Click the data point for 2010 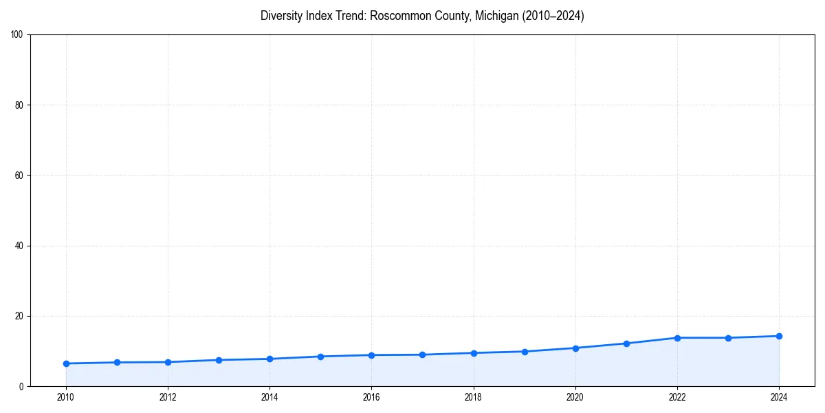click(x=66, y=363)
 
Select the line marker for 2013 click(x=219, y=360)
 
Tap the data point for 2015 click(x=320, y=357)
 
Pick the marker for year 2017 click(x=422, y=354)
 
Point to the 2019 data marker click(x=525, y=352)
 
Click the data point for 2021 click(x=626, y=343)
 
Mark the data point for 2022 click(x=677, y=338)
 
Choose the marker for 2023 click(x=728, y=338)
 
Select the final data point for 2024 click(x=779, y=336)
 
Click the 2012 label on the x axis click(x=168, y=397)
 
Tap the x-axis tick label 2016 click(x=371, y=397)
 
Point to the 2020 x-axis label click(x=575, y=397)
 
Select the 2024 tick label click(x=779, y=397)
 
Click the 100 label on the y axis click(x=17, y=35)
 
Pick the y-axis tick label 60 click(x=19, y=176)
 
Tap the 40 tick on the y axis click(x=19, y=246)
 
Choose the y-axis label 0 click(x=21, y=387)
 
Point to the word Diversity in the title click(x=282, y=16)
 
